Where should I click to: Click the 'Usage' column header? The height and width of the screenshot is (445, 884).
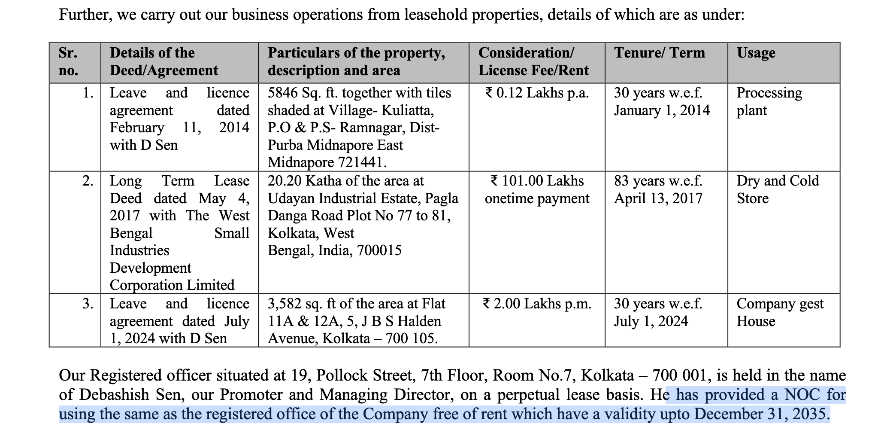756,53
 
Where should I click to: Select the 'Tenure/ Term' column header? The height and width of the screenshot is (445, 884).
660,53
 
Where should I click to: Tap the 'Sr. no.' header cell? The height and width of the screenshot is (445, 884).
69,62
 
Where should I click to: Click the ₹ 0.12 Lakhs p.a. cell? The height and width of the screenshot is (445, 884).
537,93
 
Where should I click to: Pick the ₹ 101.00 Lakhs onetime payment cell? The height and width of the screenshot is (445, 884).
537,190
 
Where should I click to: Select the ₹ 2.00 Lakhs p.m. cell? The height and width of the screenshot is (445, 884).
537,304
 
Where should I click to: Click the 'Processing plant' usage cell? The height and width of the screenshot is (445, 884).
769,102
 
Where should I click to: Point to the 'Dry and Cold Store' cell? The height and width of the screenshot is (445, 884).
778,190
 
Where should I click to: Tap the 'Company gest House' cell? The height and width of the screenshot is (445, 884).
780,313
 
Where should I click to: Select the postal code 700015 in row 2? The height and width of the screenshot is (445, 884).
380,250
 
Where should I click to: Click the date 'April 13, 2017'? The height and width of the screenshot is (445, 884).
658,198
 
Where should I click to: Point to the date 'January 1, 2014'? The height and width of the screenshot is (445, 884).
662,110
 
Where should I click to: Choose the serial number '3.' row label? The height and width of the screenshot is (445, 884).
88,304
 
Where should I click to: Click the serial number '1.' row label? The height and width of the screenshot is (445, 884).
88,93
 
